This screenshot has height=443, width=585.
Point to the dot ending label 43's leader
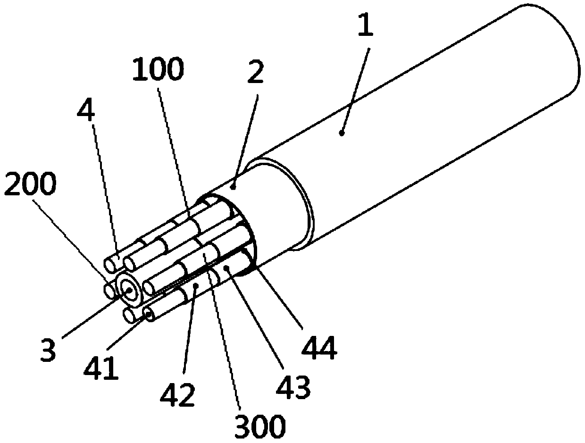coord(227,268)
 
